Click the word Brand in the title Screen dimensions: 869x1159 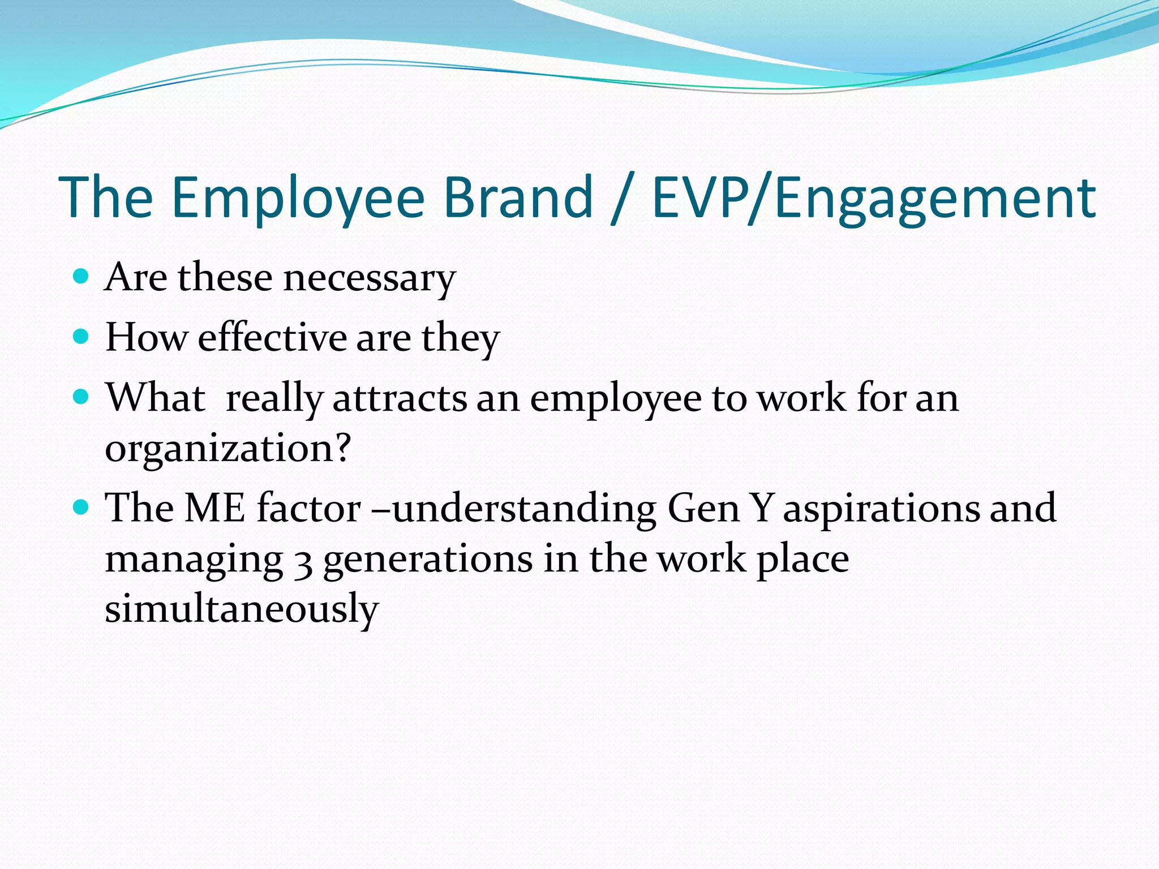[517, 197]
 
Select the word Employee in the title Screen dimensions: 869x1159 [297, 197]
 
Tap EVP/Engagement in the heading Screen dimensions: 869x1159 [874, 197]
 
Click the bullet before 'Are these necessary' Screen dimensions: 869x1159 [81, 277]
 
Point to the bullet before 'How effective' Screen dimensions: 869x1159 [81, 337]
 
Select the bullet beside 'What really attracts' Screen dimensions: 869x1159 [81, 397]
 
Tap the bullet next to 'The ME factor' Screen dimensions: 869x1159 [81, 507]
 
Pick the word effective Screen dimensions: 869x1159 [272, 338]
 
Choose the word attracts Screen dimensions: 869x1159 [400, 398]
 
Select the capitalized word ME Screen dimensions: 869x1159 [215, 507]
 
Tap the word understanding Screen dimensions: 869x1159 [524, 509]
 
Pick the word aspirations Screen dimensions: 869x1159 [881, 509]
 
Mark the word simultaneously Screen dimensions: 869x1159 [242, 609]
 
